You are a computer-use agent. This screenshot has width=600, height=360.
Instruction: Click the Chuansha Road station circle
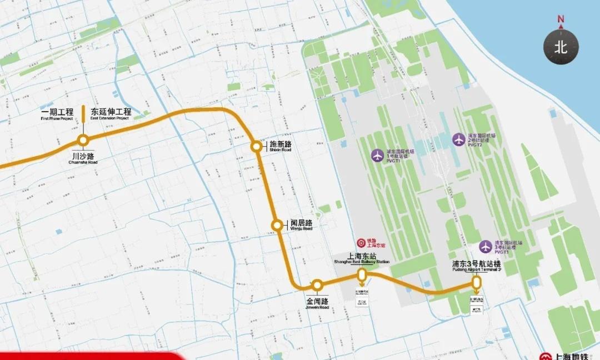click(83, 140)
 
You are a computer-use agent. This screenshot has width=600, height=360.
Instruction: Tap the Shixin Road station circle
click(256, 147)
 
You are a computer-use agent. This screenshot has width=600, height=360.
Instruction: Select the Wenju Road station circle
click(277, 225)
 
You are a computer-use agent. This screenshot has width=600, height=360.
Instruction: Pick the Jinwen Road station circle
click(317, 285)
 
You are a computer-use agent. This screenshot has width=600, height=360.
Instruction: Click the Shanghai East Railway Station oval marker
click(362, 274)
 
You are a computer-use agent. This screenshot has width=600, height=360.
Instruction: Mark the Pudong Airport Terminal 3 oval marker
click(476, 282)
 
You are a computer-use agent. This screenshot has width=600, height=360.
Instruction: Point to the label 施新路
click(280, 143)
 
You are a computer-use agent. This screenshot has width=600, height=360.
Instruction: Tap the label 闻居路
click(301, 222)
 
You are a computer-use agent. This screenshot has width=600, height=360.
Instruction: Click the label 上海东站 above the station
click(362, 256)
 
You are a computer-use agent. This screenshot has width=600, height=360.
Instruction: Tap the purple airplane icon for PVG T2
click(458, 139)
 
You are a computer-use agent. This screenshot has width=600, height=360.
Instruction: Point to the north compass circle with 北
click(561, 47)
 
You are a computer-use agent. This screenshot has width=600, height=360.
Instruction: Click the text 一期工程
click(57, 112)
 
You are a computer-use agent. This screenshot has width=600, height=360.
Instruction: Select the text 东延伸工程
click(110, 112)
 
